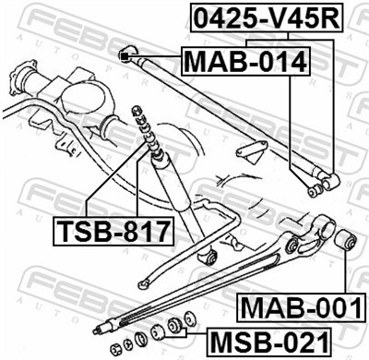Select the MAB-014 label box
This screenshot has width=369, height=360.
coord(244,62)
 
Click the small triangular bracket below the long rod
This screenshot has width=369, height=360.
coord(252,152)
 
